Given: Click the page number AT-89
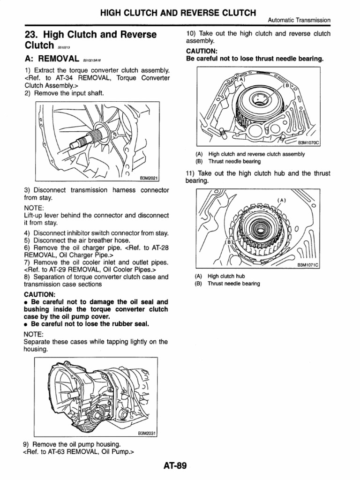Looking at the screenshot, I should (x=175, y=466).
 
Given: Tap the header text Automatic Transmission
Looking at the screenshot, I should (x=299, y=20).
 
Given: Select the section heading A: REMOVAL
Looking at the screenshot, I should (x=52, y=59).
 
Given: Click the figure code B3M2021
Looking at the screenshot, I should (x=149, y=178).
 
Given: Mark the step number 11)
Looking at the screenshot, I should (x=191, y=173).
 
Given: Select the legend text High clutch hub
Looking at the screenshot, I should (x=226, y=277).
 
